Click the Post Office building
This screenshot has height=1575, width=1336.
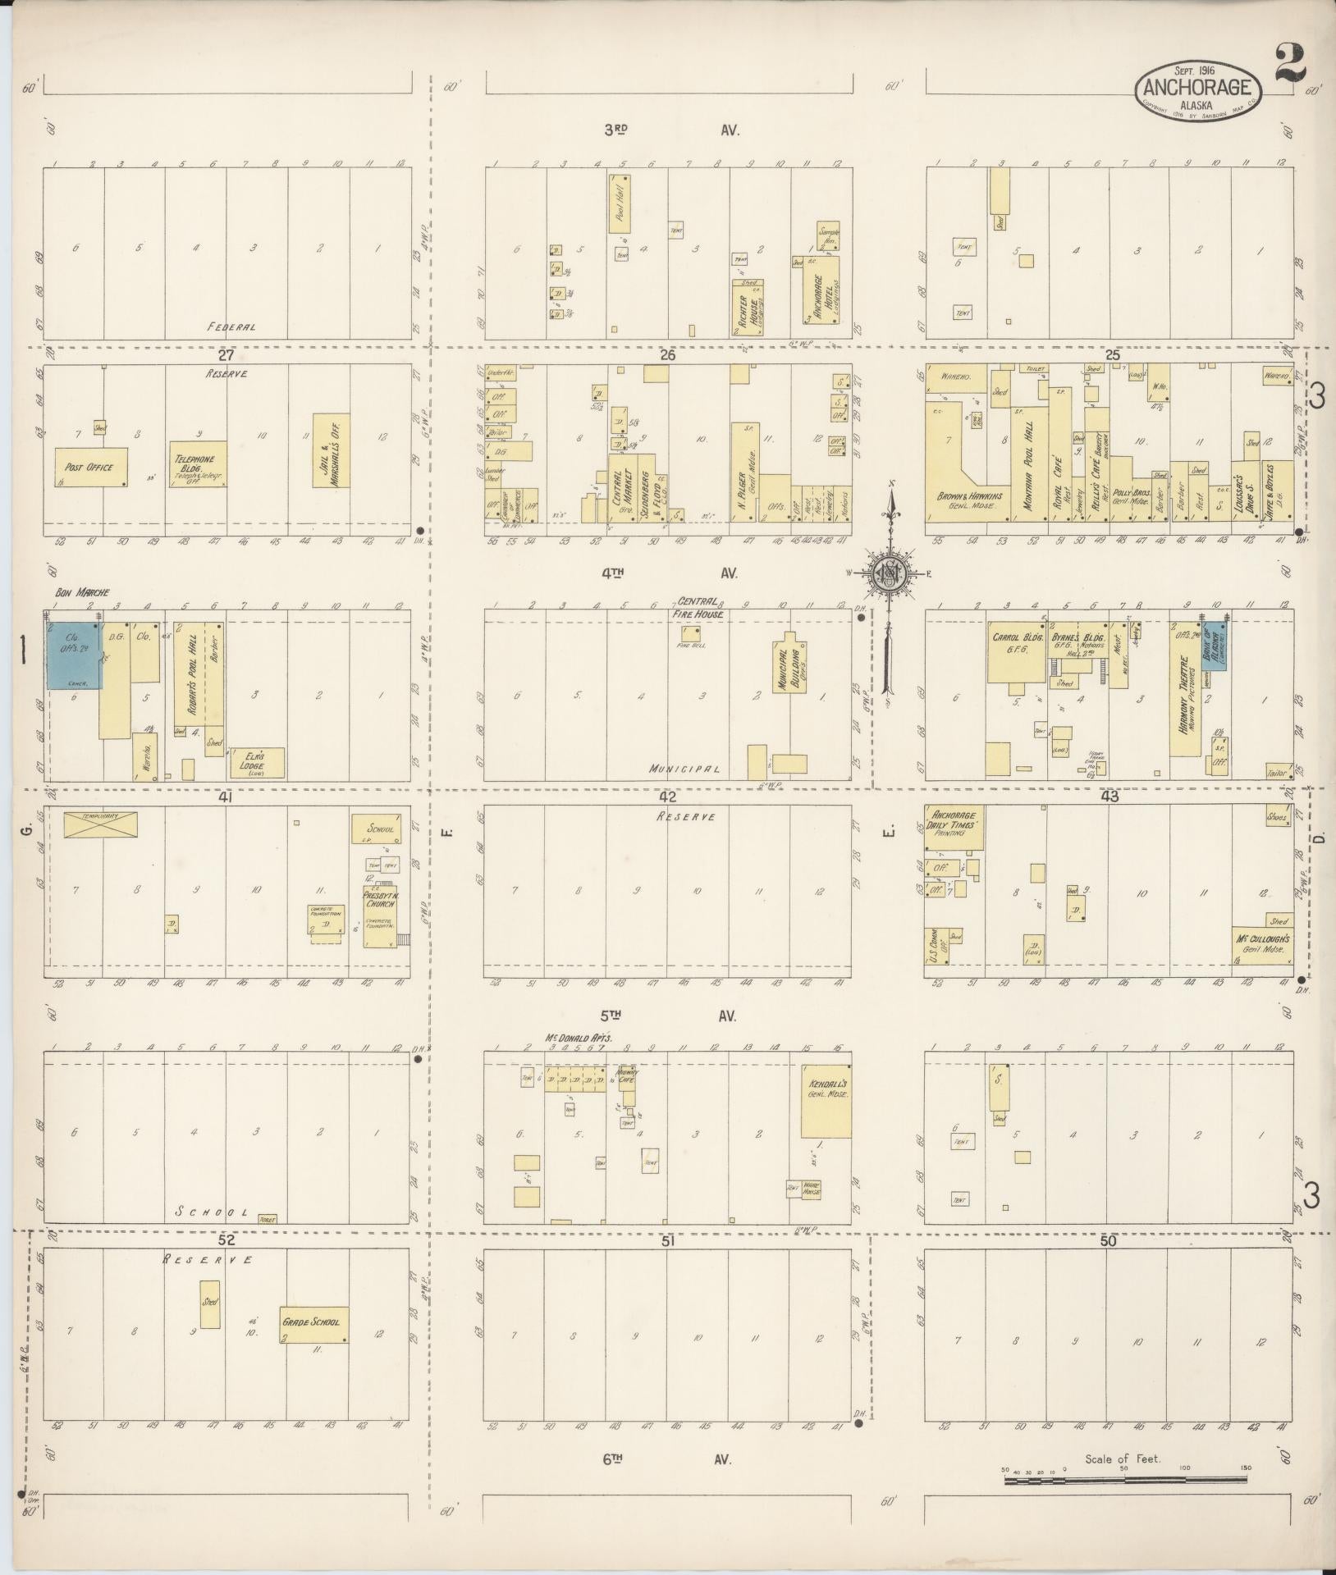point(91,468)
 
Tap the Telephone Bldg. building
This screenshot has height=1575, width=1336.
point(198,465)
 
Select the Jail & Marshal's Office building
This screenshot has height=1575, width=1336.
point(332,450)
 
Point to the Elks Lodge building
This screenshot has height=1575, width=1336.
point(258,763)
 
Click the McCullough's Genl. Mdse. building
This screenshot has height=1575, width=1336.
point(1262,944)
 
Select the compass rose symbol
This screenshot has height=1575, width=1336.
point(889,573)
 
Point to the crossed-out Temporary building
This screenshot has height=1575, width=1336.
point(101,824)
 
